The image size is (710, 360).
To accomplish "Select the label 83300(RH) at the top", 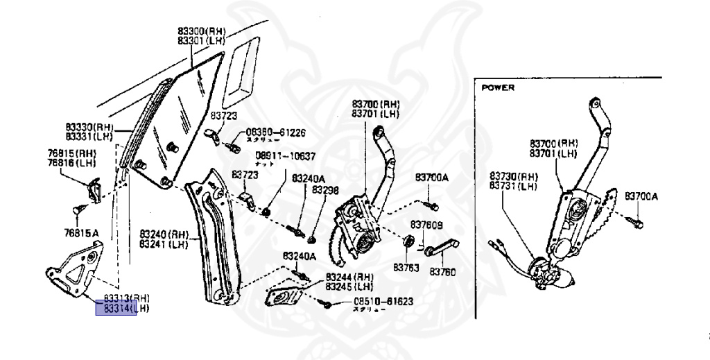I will [201, 31].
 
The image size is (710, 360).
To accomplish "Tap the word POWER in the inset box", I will [498, 88].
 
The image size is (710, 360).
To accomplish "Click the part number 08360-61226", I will [276, 132].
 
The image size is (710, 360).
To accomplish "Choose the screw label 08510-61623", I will [383, 302].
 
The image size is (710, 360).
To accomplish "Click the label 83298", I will [325, 189].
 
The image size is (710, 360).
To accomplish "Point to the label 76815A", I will [83, 234].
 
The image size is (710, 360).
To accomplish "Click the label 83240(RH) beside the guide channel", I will [164, 234].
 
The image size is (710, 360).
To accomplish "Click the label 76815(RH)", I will [71, 153].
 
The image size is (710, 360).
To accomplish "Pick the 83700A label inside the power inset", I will [641, 196].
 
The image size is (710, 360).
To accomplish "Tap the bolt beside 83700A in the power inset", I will [636, 223].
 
